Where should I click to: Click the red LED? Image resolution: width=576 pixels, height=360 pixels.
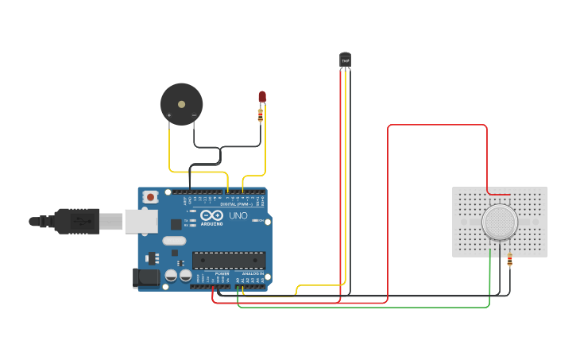pyautogui.click(x=262, y=97)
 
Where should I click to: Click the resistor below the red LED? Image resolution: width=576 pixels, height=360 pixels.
pyautogui.click(x=261, y=116)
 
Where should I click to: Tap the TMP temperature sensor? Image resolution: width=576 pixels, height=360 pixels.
pyautogui.click(x=345, y=60)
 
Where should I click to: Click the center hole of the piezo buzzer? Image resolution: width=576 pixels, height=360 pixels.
pyautogui.click(x=181, y=103)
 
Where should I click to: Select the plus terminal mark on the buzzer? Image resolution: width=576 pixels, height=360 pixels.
pyautogui.click(x=168, y=116)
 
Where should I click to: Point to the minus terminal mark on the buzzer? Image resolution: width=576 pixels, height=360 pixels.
pyautogui.click(x=194, y=116)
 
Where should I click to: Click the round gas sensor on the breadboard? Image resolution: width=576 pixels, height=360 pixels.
pyautogui.click(x=500, y=222)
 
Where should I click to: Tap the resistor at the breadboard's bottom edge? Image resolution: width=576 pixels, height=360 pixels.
pyautogui.click(x=509, y=260)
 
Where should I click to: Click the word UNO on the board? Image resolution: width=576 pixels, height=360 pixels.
pyautogui.click(x=238, y=215)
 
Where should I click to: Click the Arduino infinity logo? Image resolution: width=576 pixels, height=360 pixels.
pyautogui.click(x=211, y=215)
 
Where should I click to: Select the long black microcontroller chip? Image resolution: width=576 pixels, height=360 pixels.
pyautogui.click(x=229, y=260)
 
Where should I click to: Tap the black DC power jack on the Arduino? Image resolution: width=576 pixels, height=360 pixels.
pyautogui.click(x=146, y=277)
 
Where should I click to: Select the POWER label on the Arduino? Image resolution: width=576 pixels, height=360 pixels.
pyautogui.click(x=222, y=273)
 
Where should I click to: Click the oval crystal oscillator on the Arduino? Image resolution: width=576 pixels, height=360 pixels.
pyautogui.click(x=174, y=241)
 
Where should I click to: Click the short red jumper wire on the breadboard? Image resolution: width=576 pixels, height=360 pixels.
pyautogui.click(x=499, y=194)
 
